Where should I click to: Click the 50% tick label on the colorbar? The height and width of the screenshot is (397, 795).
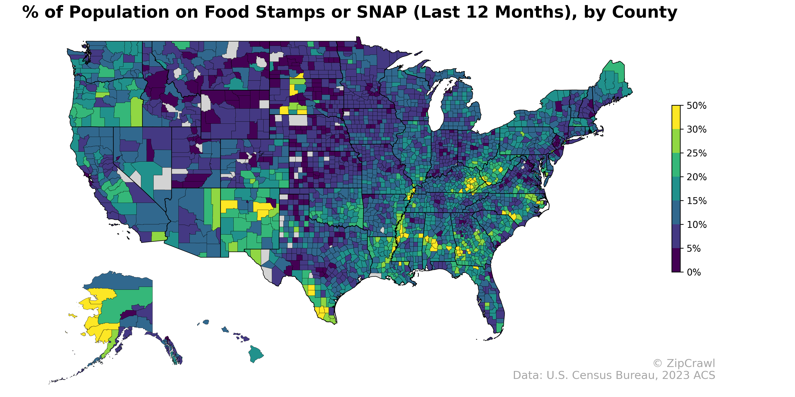(x=696, y=106)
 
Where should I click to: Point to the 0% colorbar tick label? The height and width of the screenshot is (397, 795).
(x=694, y=272)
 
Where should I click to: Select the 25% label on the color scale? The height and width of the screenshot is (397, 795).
(x=696, y=153)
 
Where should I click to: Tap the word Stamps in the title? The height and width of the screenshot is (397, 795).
(x=290, y=12)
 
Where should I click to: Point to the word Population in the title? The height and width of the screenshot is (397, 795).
(x=122, y=12)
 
